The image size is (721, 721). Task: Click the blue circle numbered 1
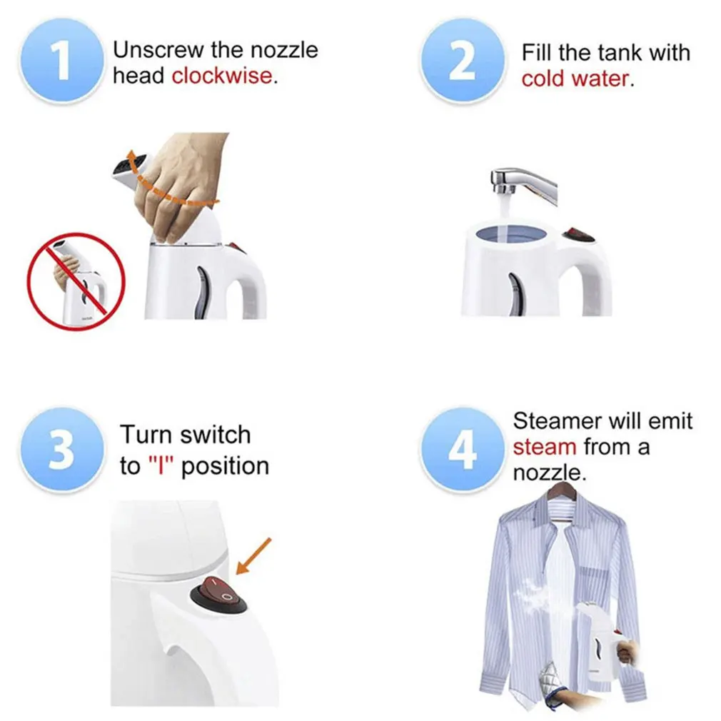pyautogui.click(x=61, y=61)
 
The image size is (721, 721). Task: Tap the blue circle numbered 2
pyautogui.click(x=462, y=61)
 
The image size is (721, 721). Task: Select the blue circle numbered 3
pyautogui.click(x=61, y=450)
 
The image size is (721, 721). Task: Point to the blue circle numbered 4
pyautogui.click(x=462, y=450)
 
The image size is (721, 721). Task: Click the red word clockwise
pyautogui.click(x=223, y=76)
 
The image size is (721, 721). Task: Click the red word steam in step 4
pyautogui.click(x=545, y=447)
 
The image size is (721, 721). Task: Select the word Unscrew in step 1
pyautogui.click(x=157, y=50)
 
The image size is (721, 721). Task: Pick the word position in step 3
pyautogui.click(x=225, y=467)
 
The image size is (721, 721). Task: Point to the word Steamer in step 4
pyautogui.click(x=559, y=420)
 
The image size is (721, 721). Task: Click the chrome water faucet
pyautogui.click(x=524, y=184)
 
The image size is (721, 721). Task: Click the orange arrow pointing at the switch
pyautogui.click(x=253, y=556)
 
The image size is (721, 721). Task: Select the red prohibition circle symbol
pyautogui.click(x=76, y=281)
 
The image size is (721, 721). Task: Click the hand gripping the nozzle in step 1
pyautogui.click(x=181, y=186)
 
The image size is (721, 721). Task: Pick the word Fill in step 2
pyautogui.click(x=535, y=52)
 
